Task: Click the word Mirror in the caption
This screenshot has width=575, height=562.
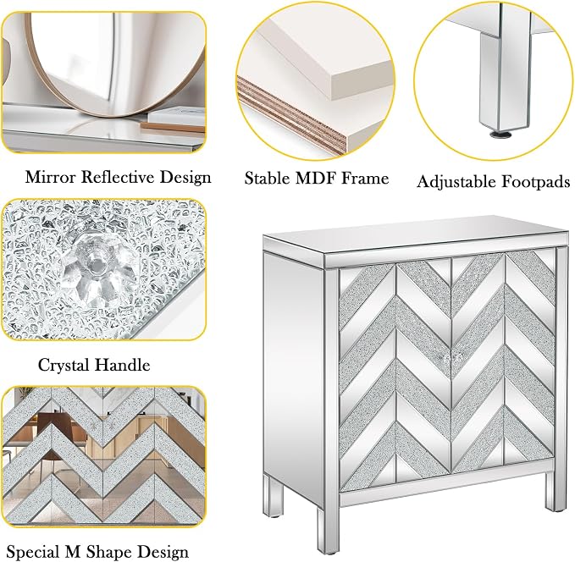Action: coord(50,177)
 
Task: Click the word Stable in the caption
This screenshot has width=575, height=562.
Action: coord(268,179)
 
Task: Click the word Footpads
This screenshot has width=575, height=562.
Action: coord(536,181)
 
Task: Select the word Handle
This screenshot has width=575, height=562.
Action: coord(123,365)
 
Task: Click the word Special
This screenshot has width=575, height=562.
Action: coord(33,552)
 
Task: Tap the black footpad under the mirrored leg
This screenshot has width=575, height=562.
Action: coord(500,135)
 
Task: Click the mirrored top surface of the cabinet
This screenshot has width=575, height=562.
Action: coord(414,235)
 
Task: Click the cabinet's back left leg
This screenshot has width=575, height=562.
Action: coord(274,496)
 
